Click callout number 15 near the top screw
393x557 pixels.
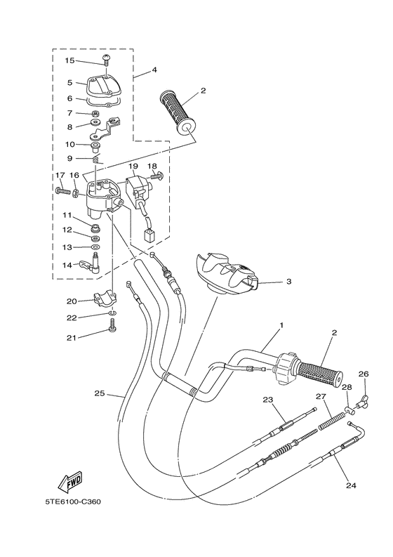69,61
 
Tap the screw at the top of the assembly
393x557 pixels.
106,62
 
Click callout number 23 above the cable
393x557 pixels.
267,399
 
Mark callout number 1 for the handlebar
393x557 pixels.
281,325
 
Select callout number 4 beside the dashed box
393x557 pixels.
154,70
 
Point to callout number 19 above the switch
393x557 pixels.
133,166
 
